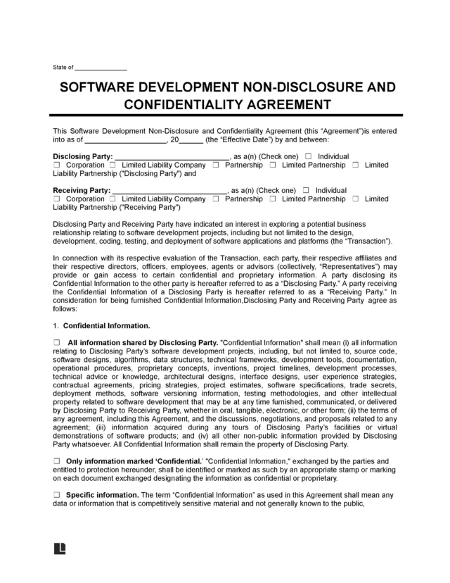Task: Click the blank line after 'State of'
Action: [x=101, y=68]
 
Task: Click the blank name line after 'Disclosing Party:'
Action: [x=172, y=156]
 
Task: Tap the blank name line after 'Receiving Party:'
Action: [x=169, y=190]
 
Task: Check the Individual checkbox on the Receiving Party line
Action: [x=307, y=190]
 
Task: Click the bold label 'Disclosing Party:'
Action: [x=82, y=156]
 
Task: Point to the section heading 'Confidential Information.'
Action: [x=106, y=326]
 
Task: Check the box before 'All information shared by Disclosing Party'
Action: [x=57, y=341]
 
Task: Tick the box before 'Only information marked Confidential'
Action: [x=57, y=460]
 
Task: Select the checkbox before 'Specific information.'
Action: [x=57, y=495]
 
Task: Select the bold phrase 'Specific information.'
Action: [x=103, y=495]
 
